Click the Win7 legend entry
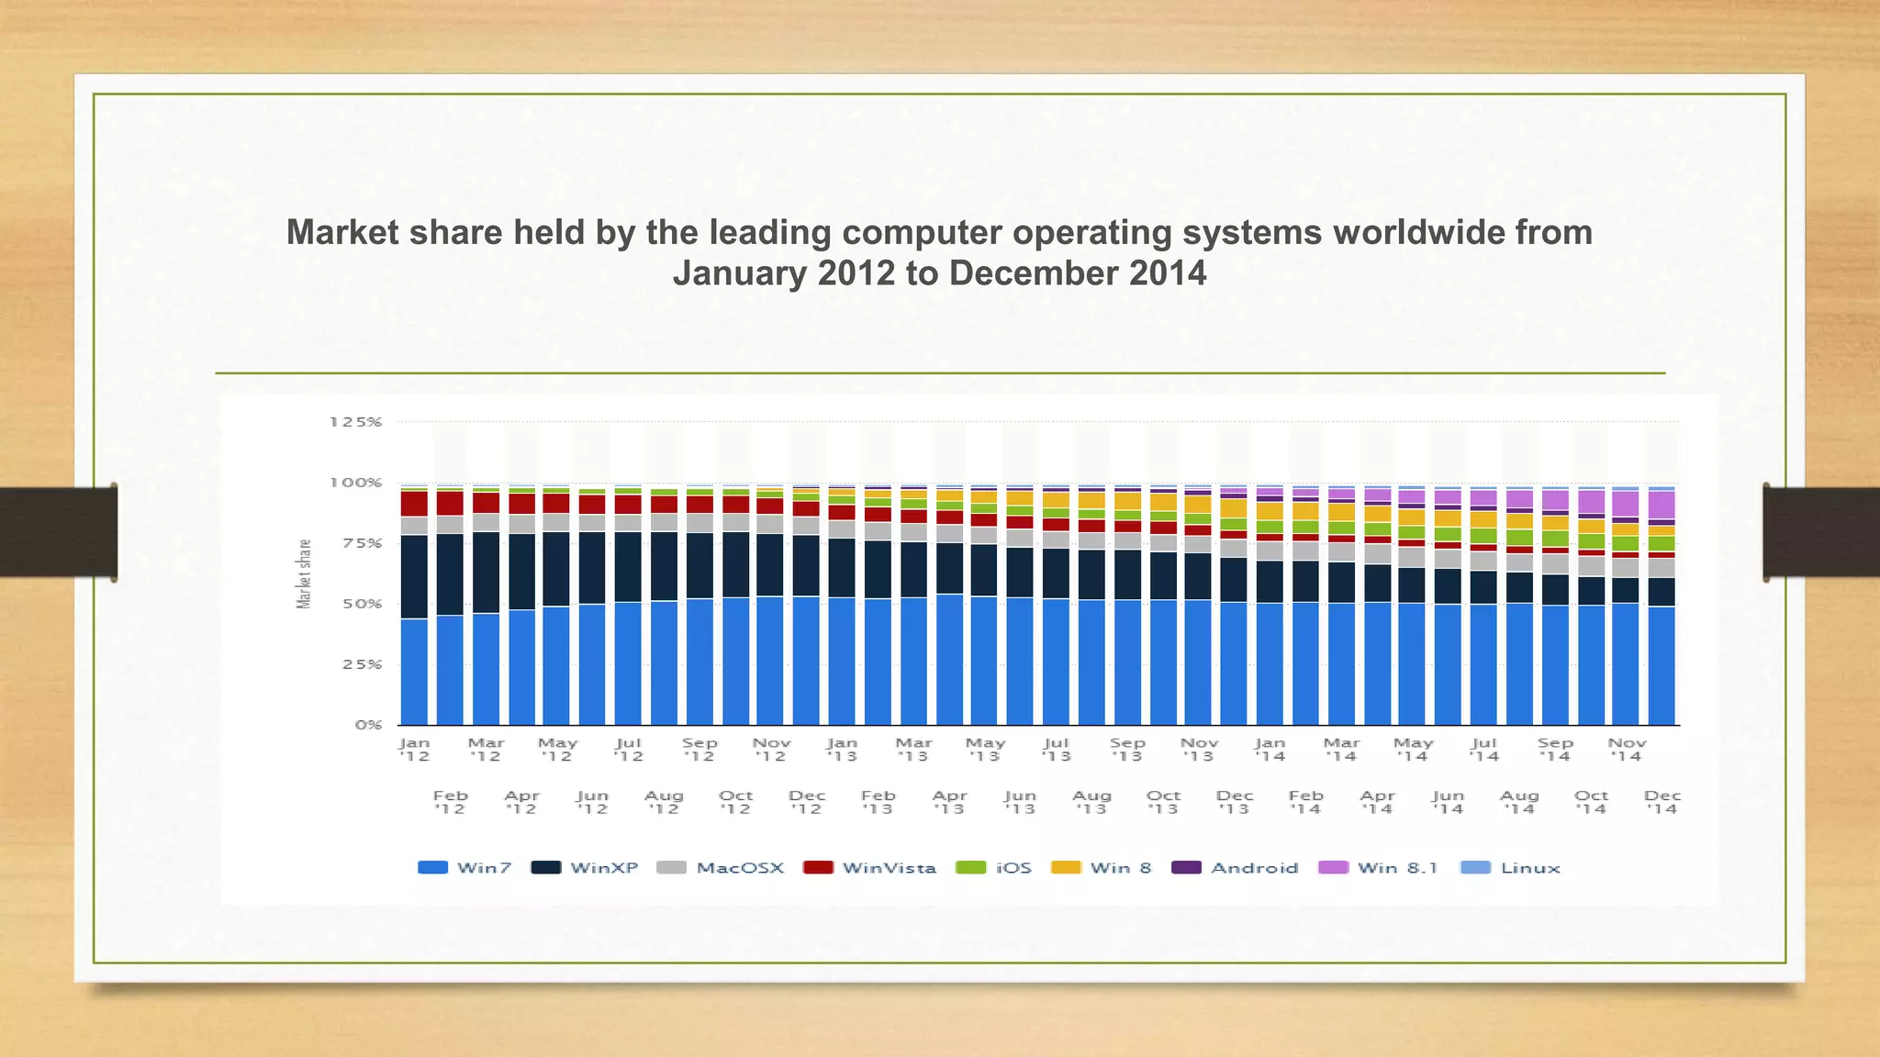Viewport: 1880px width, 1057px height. pos(464,868)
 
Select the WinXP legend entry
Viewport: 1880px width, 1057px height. pos(585,868)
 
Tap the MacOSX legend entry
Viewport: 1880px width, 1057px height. pos(721,868)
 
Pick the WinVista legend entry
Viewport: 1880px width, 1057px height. pos(869,868)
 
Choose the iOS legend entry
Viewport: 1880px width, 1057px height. pos(994,868)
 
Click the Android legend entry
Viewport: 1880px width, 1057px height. pos(1235,868)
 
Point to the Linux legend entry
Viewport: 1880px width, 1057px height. pos(1510,868)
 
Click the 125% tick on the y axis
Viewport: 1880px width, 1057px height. pos(355,422)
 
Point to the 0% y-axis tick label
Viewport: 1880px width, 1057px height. pos(368,725)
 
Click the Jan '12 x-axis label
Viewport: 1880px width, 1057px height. pos(414,750)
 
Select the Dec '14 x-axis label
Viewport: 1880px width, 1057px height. pos(1662,802)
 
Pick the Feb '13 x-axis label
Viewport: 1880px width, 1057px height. pos(878,802)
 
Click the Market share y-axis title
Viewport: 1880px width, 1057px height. pos(304,573)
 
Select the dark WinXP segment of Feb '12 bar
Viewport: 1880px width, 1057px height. pos(450,574)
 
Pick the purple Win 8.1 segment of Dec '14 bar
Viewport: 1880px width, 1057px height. pos(1662,505)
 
